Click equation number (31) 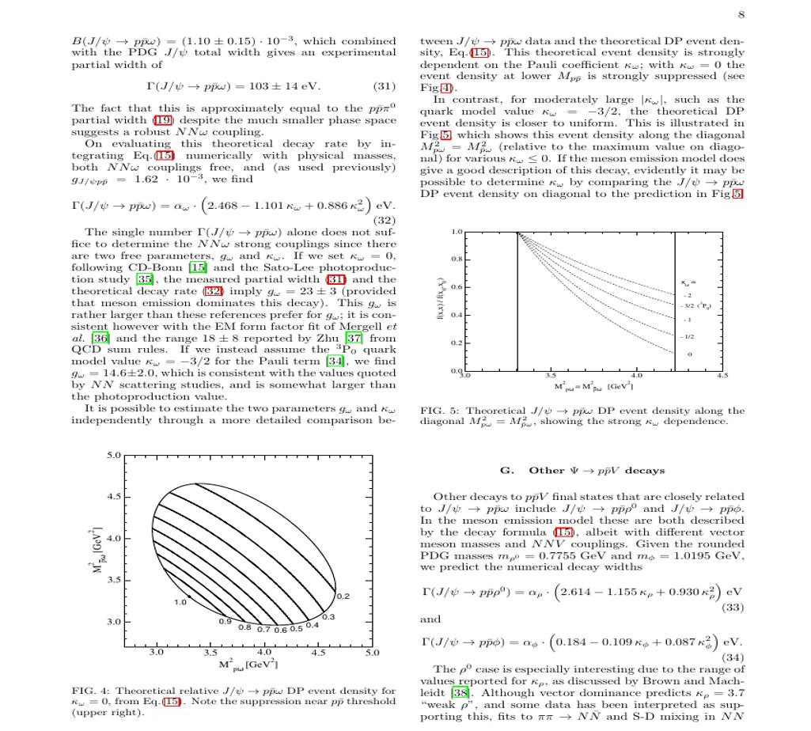(383, 86)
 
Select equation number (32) (384, 221)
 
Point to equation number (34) (733, 657)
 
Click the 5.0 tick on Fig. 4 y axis (115, 456)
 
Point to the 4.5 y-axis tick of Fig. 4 (115, 498)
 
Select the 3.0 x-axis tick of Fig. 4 (157, 653)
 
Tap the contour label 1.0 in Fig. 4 (180, 602)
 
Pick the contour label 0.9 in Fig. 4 (225, 622)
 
